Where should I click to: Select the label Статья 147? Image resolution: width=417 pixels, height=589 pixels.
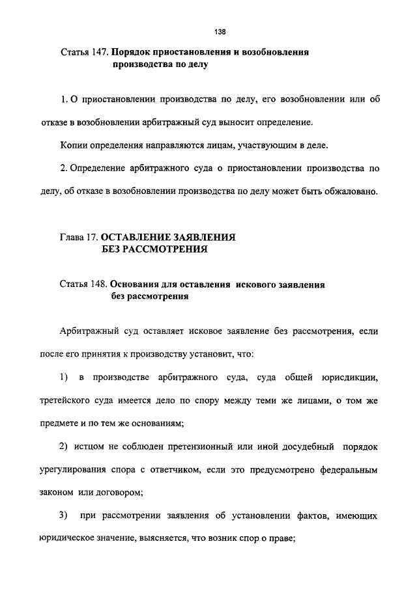(x=83, y=51)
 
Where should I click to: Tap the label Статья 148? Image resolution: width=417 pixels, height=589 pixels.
(x=83, y=284)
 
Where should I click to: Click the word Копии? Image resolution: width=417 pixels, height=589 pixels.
(x=72, y=144)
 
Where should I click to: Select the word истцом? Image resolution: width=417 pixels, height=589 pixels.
(x=89, y=448)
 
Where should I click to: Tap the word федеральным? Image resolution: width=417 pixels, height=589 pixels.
(x=347, y=469)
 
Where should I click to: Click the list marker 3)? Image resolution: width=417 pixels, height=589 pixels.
(x=63, y=516)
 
